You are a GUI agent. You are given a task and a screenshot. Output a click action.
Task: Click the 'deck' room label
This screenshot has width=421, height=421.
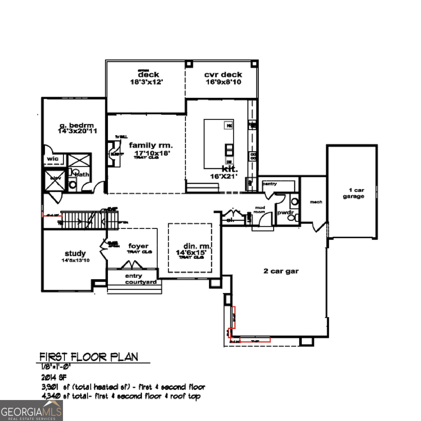click(x=148, y=75)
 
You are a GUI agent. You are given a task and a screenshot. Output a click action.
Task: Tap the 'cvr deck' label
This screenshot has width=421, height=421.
click(x=223, y=75)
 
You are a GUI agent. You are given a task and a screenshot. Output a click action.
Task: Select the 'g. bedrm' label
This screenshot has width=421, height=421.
click(x=77, y=125)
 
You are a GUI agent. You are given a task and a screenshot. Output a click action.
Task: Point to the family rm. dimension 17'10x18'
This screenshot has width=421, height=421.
click(x=152, y=153)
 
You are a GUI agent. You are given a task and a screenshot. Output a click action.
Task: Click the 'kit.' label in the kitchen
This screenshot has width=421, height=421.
click(x=230, y=169)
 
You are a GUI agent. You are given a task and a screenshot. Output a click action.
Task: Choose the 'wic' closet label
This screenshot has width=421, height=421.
click(x=53, y=159)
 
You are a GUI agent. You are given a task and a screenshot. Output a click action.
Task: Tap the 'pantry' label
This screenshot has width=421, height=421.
click(x=270, y=184)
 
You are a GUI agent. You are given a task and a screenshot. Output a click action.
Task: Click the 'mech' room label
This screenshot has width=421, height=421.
click(x=316, y=202)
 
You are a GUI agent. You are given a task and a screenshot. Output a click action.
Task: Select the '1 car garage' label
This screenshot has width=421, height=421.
click(x=354, y=193)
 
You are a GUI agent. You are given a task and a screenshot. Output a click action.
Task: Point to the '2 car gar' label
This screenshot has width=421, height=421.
click(x=281, y=271)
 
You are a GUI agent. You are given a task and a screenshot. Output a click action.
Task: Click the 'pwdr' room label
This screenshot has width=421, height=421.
click(x=285, y=212)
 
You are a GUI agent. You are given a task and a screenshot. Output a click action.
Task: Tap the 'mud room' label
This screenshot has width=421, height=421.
click(x=260, y=210)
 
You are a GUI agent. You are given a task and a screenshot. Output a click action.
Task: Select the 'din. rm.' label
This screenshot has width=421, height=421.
click(x=197, y=246)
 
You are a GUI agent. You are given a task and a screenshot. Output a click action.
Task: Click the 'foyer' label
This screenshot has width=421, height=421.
click(x=138, y=246)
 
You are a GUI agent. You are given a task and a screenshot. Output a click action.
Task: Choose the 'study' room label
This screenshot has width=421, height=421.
click(x=75, y=253)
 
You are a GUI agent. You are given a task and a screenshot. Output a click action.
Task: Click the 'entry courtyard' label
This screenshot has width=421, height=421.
click(x=140, y=279)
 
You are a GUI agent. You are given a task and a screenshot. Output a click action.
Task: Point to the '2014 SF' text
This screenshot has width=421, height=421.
click(x=54, y=377)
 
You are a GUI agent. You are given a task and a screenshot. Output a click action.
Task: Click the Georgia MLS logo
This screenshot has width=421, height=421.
click(x=31, y=411)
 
